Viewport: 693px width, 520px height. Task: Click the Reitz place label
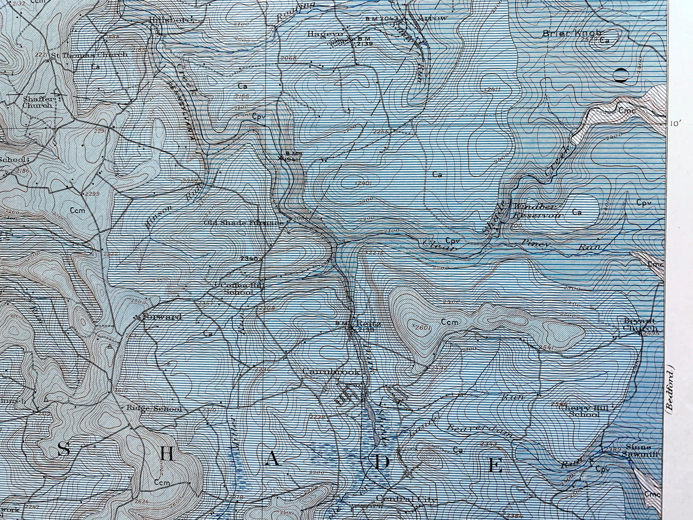[x=371, y=324]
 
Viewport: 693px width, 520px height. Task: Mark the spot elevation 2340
[x=249, y=259]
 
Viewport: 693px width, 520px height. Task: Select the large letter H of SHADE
[x=166, y=454]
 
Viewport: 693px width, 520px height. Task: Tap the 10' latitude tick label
[x=676, y=124]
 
